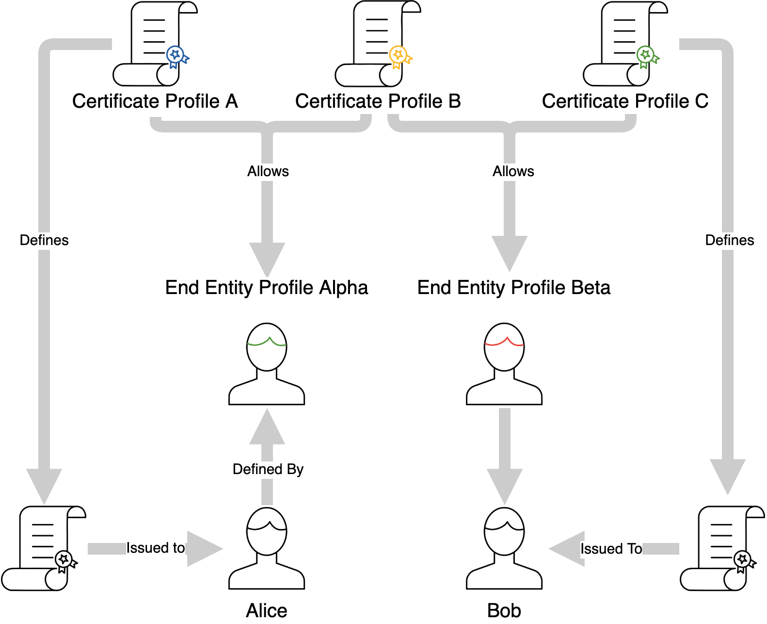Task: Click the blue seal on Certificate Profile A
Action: point(176,55)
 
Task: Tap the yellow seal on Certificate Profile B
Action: point(399,55)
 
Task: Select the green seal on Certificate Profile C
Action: point(646,55)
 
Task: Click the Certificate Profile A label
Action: point(155,101)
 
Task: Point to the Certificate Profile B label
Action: point(378,101)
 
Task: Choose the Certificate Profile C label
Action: point(625,101)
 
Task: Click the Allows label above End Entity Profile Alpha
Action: point(268,171)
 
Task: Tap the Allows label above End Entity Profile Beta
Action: point(513,171)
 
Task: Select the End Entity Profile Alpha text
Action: point(267,288)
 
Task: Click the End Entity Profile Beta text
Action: point(514,288)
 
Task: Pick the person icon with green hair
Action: point(267,364)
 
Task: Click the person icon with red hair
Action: point(504,364)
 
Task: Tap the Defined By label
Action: point(268,469)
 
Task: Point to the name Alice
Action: point(267,610)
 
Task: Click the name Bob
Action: point(504,610)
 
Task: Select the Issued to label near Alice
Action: point(156,548)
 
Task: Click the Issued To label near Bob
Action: point(611,549)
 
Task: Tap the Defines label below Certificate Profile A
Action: point(44,240)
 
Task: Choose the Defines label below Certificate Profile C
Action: point(730,240)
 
